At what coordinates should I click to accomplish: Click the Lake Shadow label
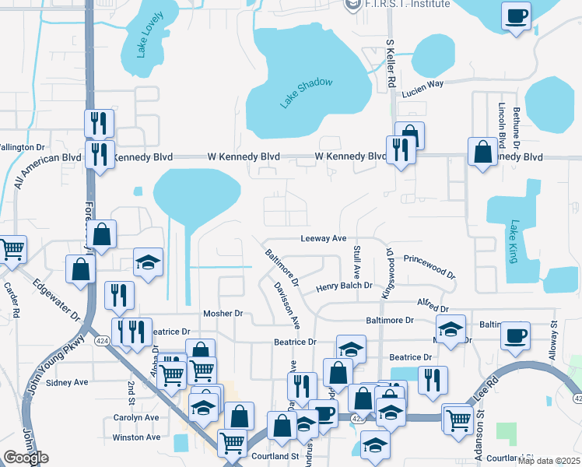[x=307, y=93]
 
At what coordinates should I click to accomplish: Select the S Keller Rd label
[x=392, y=63]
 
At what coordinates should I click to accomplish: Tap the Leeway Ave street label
[x=324, y=239]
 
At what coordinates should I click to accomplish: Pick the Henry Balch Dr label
[x=349, y=287]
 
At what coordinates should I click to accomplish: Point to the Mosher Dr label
[x=223, y=314]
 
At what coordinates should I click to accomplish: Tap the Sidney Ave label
[x=68, y=382]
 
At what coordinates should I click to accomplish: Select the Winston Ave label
[x=136, y=437]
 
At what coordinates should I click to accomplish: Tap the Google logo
[x=26, y=458]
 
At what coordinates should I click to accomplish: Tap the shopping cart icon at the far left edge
[x=11, y=250]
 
